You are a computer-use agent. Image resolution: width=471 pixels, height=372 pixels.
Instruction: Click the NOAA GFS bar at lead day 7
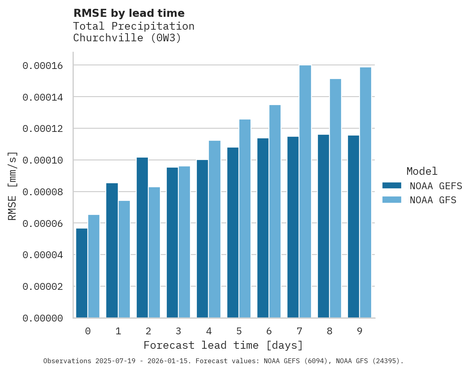pos(305,192)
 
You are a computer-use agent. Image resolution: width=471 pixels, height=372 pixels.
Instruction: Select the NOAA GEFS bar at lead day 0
pos(82,273)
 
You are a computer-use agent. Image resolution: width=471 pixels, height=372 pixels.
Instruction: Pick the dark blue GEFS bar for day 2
pos(142,238)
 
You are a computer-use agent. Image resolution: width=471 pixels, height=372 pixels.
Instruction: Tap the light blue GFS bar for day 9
pos(366,192)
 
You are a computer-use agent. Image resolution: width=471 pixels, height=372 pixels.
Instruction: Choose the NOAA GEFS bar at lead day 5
pos(233,232)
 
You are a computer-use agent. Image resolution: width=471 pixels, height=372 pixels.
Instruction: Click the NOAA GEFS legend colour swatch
pos(392,185)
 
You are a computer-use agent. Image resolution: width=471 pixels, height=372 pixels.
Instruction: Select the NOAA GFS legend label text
pos(433,200)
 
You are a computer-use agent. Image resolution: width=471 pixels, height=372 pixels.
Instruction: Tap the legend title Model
pos(422,171)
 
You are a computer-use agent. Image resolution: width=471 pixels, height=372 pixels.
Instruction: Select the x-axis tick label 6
pos(269,331)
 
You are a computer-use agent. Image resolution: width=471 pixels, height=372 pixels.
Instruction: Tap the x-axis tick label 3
pos(178,331)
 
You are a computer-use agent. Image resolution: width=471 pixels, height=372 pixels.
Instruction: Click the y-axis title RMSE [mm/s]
pos(12,186)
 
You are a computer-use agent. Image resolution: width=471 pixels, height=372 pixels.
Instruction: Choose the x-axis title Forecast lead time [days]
pos(223,345)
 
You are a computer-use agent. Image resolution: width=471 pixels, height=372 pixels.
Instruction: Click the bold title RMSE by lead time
pos(129,13)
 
